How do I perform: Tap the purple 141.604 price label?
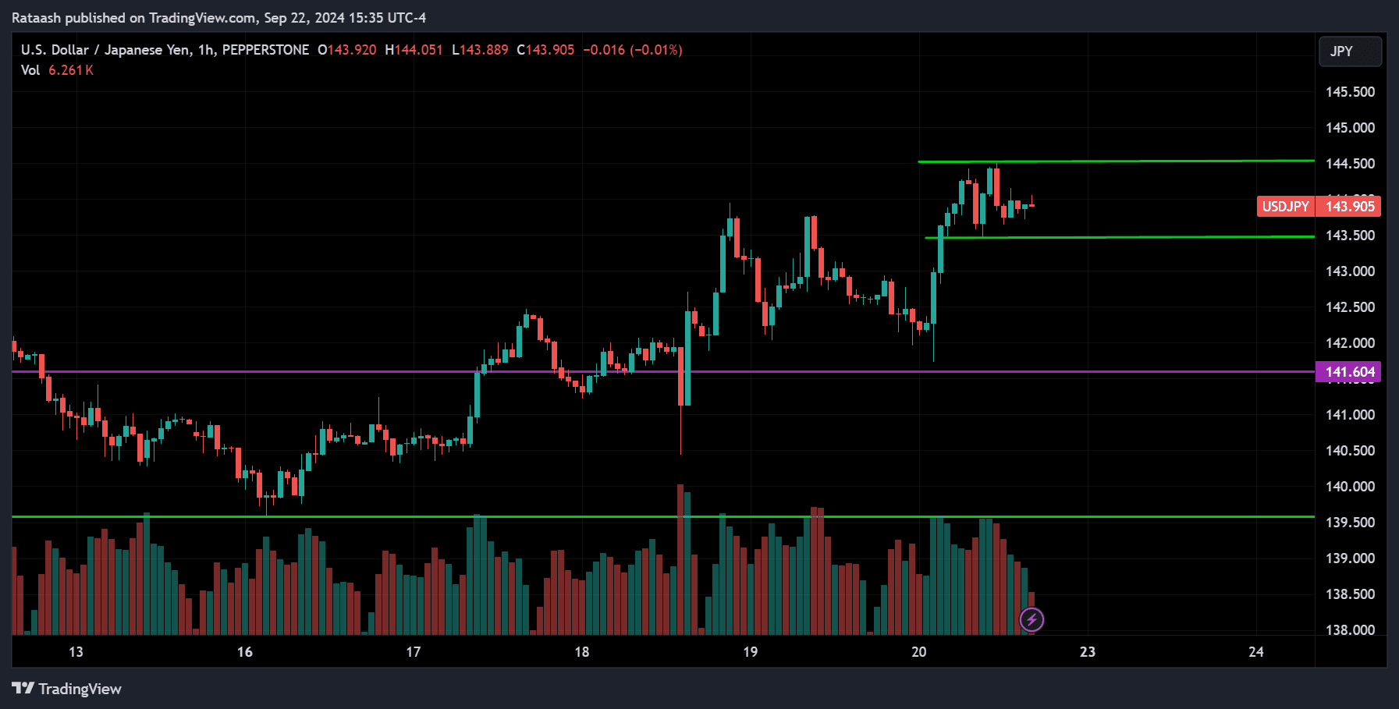[1348, 372]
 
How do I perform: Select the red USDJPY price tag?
[1285, 207]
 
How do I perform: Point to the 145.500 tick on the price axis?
[1350, 92]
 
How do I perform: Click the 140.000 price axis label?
[1350, 487]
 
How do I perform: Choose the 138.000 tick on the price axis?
[1350, 630]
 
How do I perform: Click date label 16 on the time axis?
[245, 652]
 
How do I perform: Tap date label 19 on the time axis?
[750, 652]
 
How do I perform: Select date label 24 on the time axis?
[1255, 652]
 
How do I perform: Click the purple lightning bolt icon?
[1031, 620]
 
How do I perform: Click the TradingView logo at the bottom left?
[67, 689]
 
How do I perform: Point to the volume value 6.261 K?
[71, 70]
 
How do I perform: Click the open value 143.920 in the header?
[351, 50]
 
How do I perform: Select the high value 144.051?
[418, 50]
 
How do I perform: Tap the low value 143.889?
[484, 50]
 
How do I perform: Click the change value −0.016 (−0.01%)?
[633, 50]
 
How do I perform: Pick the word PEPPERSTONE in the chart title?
[265, 50]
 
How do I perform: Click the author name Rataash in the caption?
[36, 18]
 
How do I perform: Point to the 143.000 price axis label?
[1350, 271]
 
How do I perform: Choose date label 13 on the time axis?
[76, 652]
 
